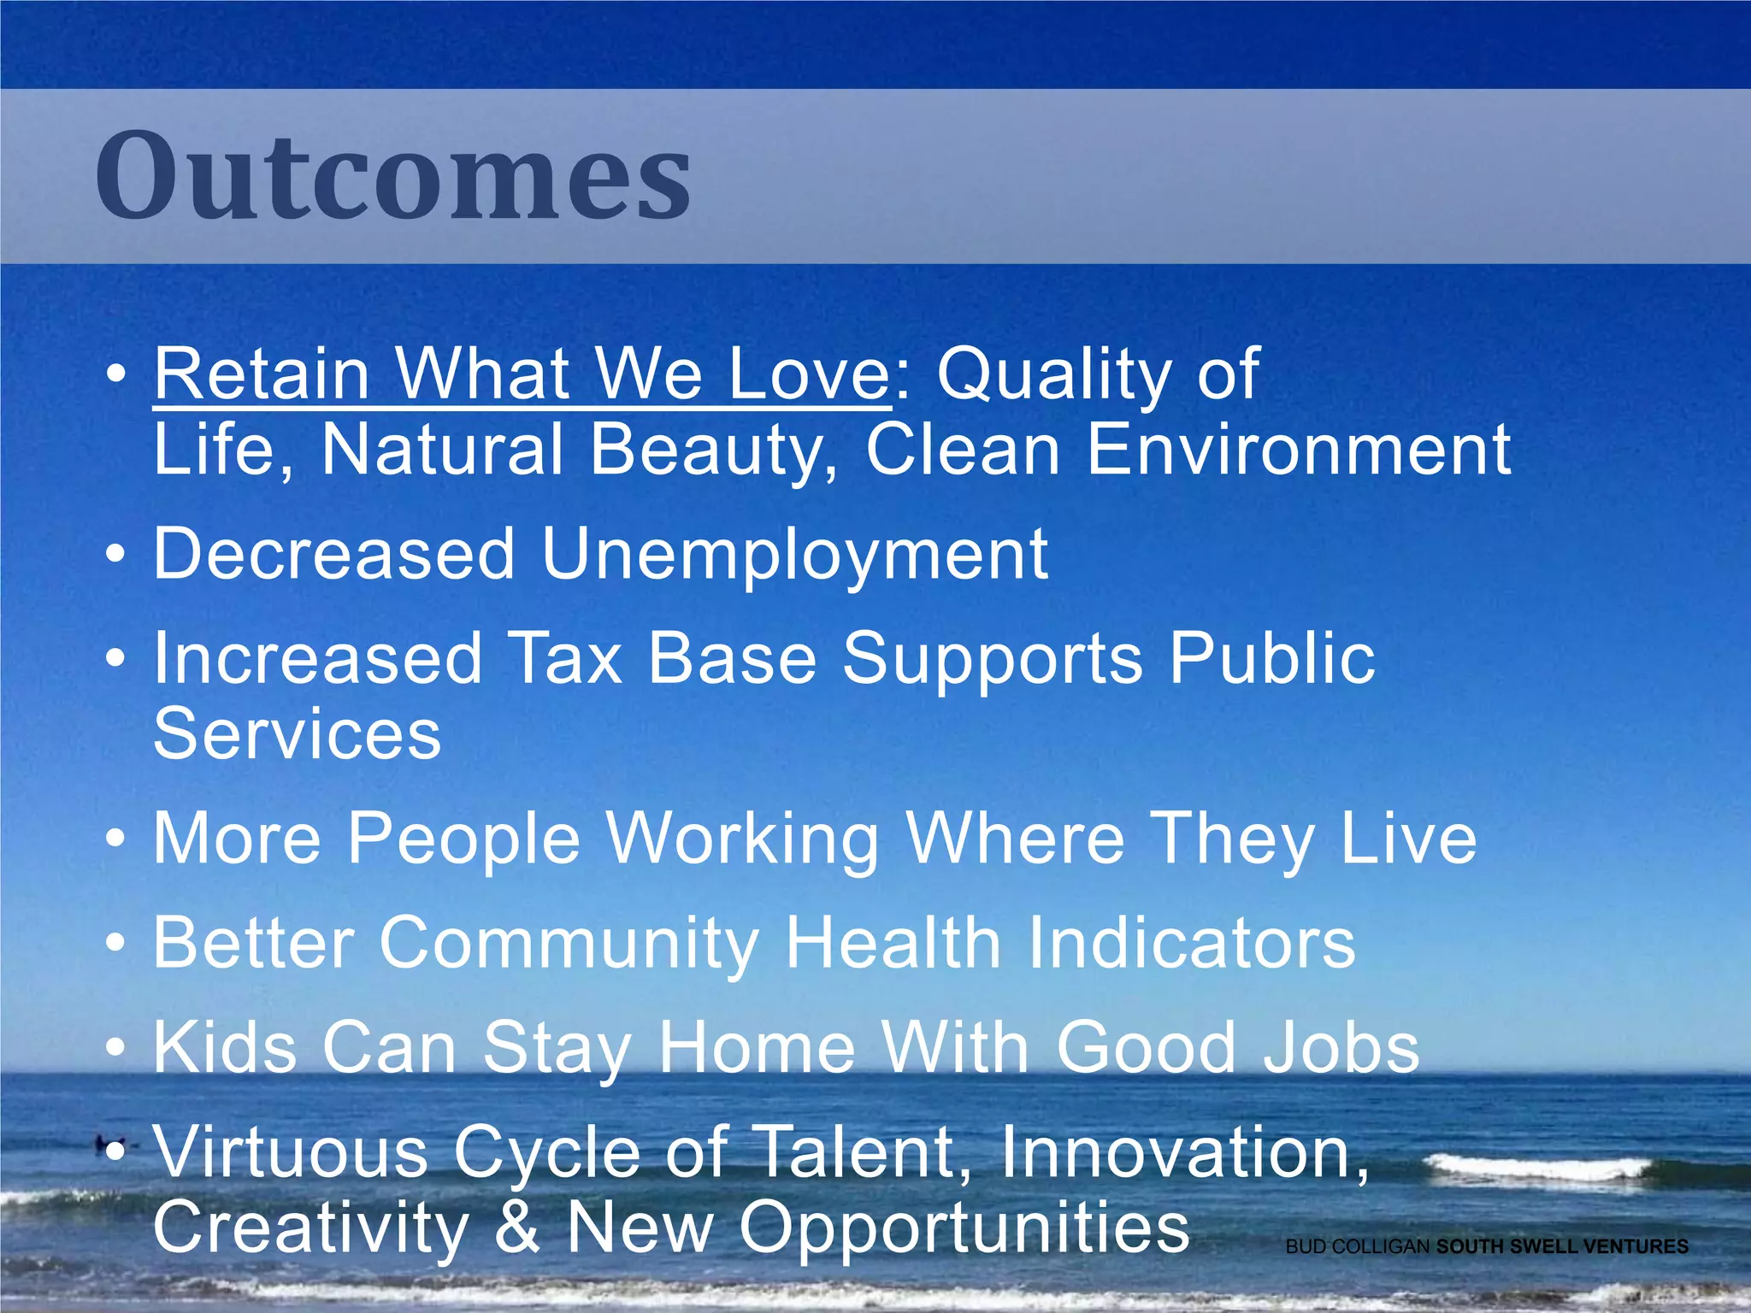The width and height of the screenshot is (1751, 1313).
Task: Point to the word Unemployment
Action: pos(794,556)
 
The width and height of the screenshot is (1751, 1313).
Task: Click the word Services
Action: pos(297,734)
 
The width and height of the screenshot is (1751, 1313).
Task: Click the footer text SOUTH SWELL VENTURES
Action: pos(1562,1247)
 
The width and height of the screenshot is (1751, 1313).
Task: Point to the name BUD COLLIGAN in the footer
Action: pos(1358,1247)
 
